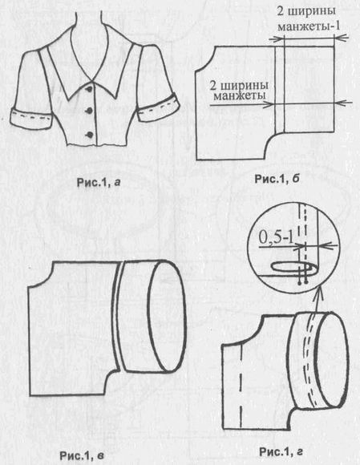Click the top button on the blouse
tap(88, 89)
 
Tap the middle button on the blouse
tap(87, 111)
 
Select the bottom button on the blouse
tap(88, 135)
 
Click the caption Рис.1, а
tap(99, 183)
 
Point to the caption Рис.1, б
tap(277, 179)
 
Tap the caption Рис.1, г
tap(281, 452)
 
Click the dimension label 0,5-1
tap(277, 237)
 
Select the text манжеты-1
tap(309, 26)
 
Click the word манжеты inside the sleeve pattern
tap(239, 96)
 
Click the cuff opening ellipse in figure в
tap(167, 316)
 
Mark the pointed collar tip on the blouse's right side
tap(115, 99)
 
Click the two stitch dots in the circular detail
tap(303, 283)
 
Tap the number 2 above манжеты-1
tap(281, 11)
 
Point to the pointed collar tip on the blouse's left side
tap(68, 99)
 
